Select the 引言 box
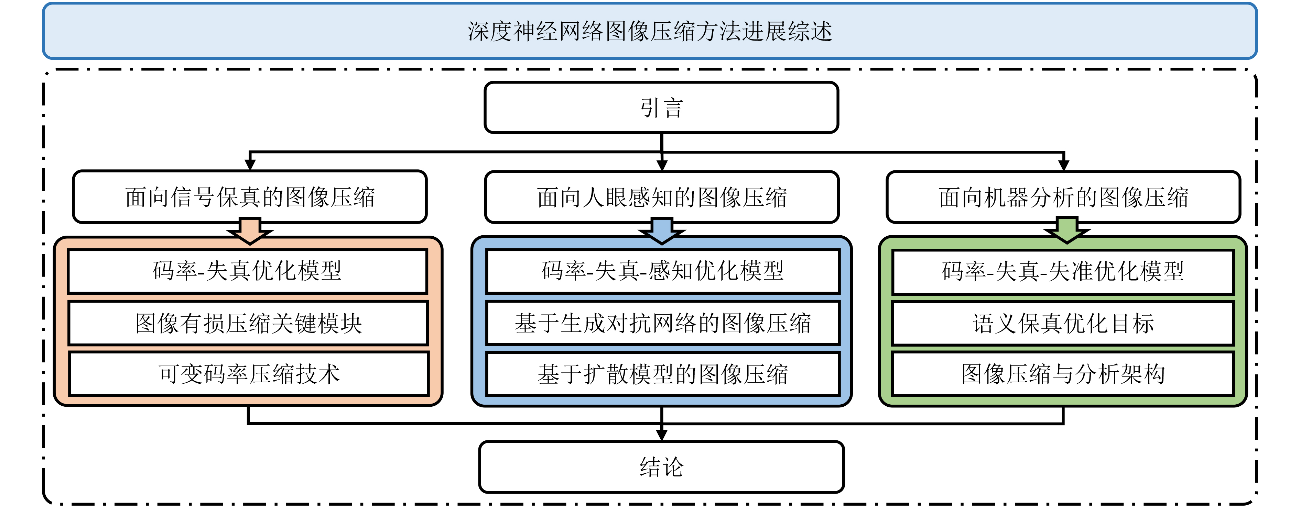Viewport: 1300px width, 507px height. [661, 108]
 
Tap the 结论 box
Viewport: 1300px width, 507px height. [661, 467]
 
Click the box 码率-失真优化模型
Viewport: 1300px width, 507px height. [247, 271]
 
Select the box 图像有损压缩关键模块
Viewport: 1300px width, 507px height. [248, 323]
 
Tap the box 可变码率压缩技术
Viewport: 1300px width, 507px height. [249, 374]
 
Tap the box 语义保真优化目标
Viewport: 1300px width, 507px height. [1063, 323]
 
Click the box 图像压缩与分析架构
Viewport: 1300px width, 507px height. [1063, 374]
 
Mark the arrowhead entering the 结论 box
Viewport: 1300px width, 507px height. [662, 436]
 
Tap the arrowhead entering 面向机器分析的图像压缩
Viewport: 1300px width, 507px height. [1063, 165]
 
